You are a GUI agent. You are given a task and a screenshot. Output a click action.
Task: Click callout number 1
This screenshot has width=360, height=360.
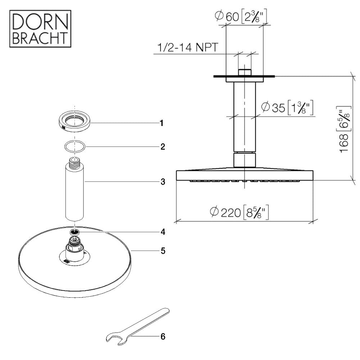pyautogui.click(x=162, y=123)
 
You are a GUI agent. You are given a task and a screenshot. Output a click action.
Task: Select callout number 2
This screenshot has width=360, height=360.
pyautogui.click(x=163, y=147)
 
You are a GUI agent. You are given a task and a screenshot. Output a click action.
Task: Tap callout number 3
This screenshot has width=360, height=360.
pyautogui.click(x=163, y=182)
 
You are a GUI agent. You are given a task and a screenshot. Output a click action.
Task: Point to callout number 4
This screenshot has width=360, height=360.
pyautogui.click(x=163, y=232)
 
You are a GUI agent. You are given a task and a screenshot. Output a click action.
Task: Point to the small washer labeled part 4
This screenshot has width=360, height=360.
pyautogui.click(x=75, y=231)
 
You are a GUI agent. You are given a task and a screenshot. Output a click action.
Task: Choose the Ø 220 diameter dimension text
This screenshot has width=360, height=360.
pyautogui.click(x=239, y=212)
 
